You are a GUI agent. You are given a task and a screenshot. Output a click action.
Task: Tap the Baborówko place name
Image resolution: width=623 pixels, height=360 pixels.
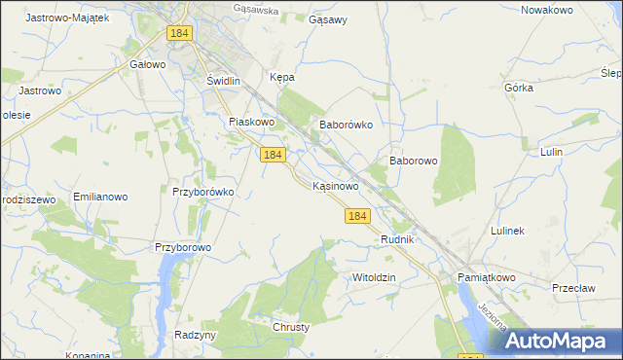pos(347,126)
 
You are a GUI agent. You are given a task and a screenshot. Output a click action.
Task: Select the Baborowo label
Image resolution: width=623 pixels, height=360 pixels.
pos(413,161)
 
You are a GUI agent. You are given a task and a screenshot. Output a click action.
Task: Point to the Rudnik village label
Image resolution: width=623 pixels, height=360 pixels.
pos(398,239)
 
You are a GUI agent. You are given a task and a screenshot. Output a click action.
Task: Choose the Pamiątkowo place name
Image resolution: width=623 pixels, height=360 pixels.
pos(484,277)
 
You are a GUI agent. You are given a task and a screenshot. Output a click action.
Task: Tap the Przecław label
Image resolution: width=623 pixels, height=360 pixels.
pos(573,288)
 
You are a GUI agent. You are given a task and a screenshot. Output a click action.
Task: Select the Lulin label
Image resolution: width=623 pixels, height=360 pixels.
pos(552,153)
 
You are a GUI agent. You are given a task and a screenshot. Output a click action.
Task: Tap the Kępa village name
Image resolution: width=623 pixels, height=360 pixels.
pos(281,77)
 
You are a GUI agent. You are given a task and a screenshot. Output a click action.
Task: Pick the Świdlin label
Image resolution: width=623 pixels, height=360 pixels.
pos(224,82)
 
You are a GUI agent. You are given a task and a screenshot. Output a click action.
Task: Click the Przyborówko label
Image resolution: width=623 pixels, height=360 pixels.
pos(203,192)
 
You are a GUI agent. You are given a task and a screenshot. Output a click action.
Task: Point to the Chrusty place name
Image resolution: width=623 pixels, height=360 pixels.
pos(291,327)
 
